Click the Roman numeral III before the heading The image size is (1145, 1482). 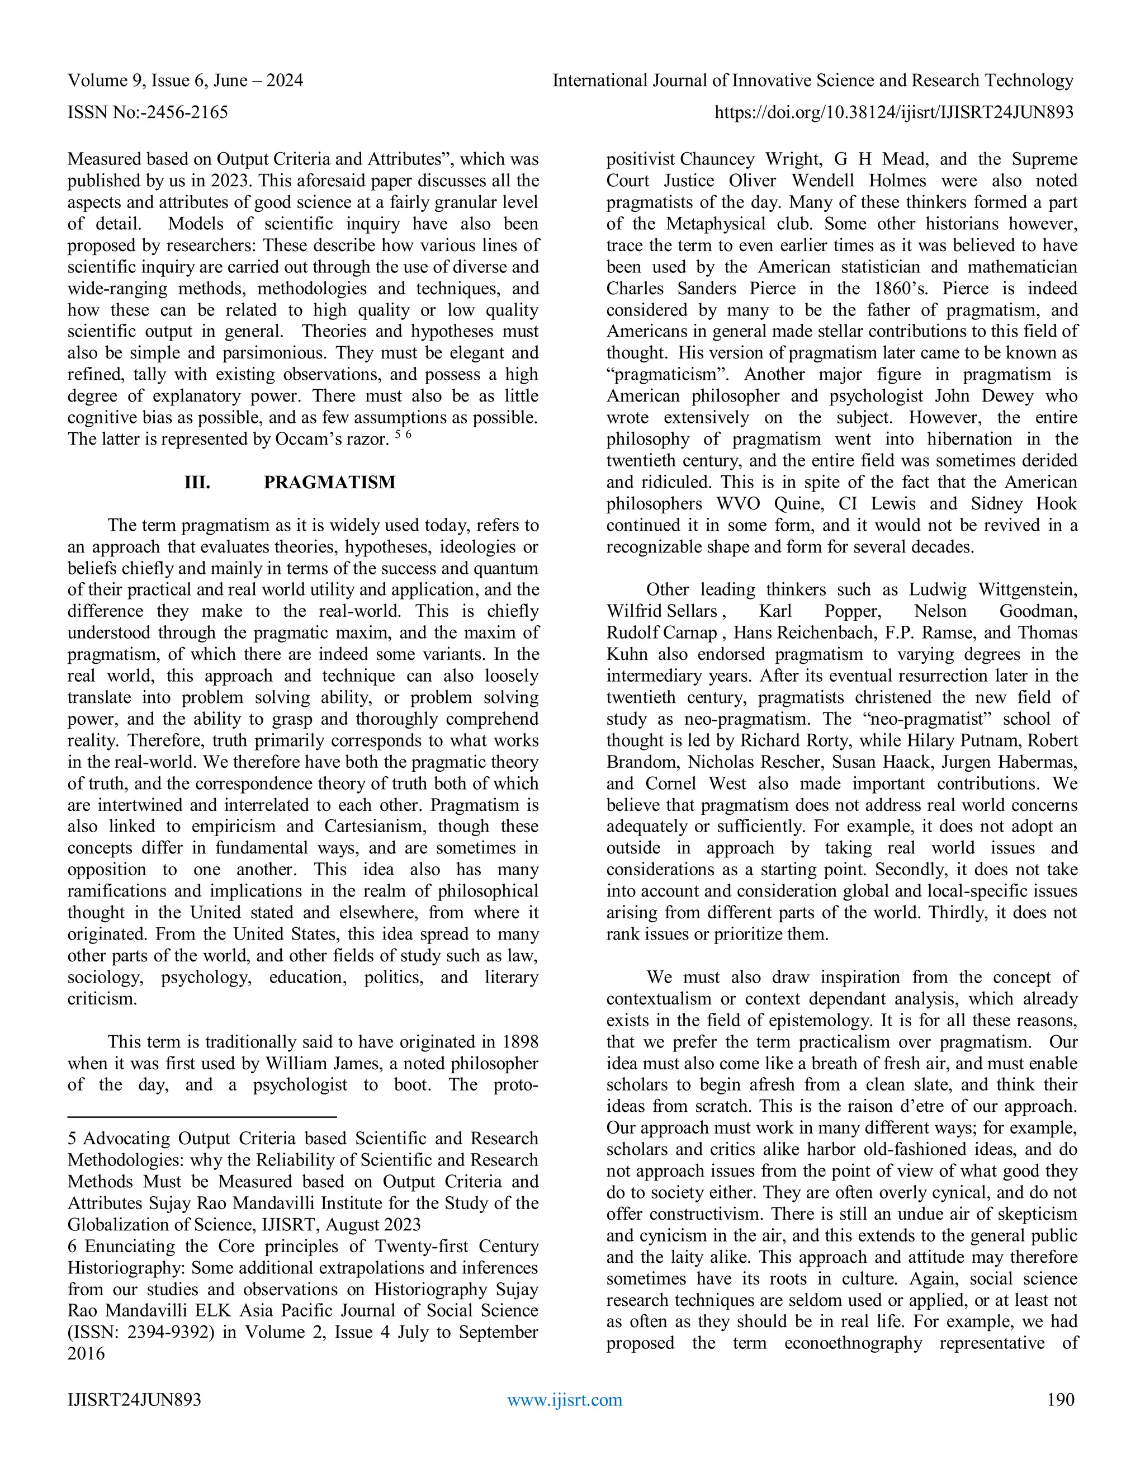tap(197, 483)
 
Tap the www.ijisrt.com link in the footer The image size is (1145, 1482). tap(564, 1400)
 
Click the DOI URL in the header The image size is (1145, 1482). tap(894, 112)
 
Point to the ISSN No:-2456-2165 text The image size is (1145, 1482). tap(148, 112)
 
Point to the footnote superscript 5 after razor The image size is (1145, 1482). tap(398, 435)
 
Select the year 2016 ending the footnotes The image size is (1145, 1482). tap(86, 1354)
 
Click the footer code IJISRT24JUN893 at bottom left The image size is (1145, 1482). tap(134, 1400)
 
